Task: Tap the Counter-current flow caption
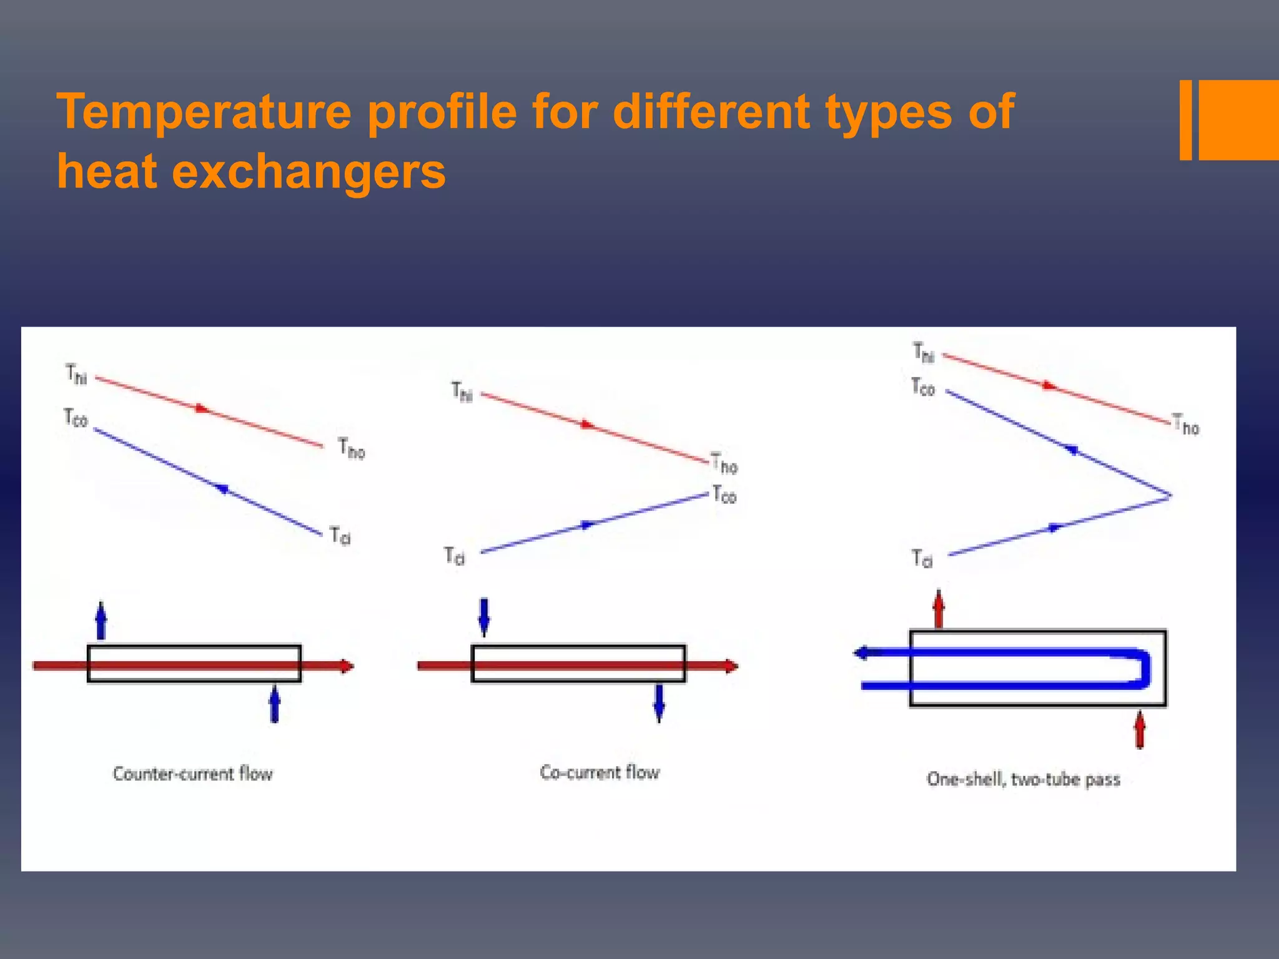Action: pyautogui.click(x=192, y=774)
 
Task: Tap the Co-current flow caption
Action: pyautogui.click(x=600, y=773)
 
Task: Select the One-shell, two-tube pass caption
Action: pyautogui.click(x=1023, y=779)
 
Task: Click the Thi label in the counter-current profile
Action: pyautogui.click(x=76, y=375)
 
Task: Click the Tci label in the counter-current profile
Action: pyautogui.click(x=340, y=536)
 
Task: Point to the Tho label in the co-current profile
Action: pyautogui.click(x=724, y=464)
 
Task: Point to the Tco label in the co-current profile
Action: pyautogui.click(x=724, y=494)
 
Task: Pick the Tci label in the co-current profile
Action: pyautogui.click(x=455, y=556)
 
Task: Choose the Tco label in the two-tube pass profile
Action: pyautogui.click(x=922, y=387)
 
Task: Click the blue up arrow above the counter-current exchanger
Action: pyautogui.click(x=101, y=621)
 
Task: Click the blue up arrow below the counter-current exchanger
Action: pyautogui.click(x=274, y=704)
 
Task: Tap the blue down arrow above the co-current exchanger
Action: pyautogui.click(x=484, y=616)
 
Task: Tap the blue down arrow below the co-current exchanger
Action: pyautogui.click(x=659, y=703)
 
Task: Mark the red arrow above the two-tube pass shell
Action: pyautogui.click(x=939, y=608)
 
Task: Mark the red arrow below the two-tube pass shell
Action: pyautogui.click(x=1140, y=729)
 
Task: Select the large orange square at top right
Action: pyautogui.click(x=1238, y=120)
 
